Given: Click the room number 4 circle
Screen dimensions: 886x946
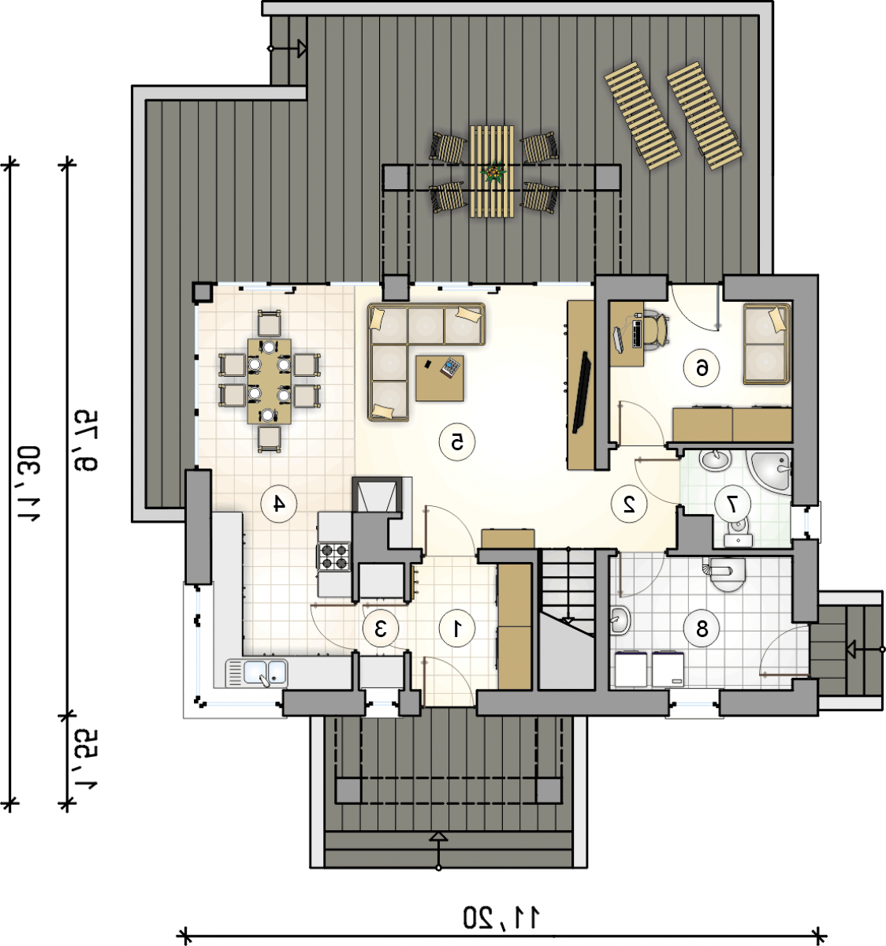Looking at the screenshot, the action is point(279,504).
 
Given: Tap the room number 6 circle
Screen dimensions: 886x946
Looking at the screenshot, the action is point(702,367).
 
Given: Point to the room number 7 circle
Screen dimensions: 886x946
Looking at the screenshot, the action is point(732,504).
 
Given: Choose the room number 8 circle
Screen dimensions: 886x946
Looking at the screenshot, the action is point(702,630).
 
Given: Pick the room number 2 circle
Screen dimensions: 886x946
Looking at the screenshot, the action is point(629,504).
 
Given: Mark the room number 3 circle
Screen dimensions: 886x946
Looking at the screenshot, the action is point(381,628).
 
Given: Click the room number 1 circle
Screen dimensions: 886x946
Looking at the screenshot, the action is point(457,628).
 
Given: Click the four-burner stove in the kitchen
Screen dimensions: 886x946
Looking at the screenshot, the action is point(334,557).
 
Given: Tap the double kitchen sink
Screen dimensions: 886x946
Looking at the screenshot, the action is point(257,672).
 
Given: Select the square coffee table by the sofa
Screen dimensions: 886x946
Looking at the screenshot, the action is point(439,378).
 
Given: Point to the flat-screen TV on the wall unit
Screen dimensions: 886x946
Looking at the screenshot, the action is point(582,392).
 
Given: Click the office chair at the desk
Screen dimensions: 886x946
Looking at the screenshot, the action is point(657,327).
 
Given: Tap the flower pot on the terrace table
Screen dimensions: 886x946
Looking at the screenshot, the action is point(493,172).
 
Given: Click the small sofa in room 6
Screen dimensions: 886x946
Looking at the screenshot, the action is point(766,344).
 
